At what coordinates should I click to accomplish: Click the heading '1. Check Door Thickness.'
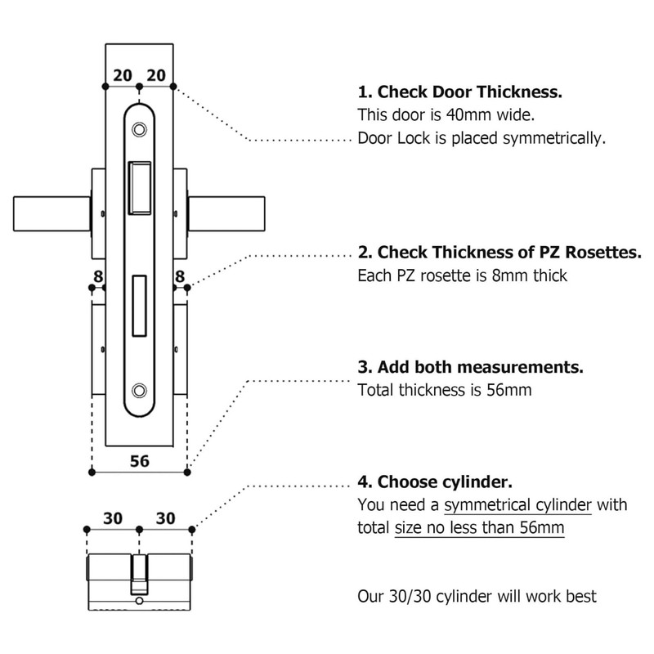(460, 92)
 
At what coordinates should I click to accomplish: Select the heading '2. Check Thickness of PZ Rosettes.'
(499, 253)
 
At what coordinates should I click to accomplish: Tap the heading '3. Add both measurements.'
(470, 367)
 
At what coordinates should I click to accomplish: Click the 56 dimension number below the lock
(140, 461)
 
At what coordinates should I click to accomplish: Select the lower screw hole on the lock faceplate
(140, 390)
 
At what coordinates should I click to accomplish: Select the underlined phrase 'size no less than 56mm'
(479, 527)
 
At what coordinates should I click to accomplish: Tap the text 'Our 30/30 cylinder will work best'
(477, 596)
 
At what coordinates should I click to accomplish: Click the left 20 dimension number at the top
(122, 75)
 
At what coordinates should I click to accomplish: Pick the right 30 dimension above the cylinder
(166, 519)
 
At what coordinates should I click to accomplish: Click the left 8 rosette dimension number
(98, 277)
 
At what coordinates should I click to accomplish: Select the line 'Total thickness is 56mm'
(445, 390)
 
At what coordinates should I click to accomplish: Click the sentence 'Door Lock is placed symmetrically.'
(482, 137)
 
